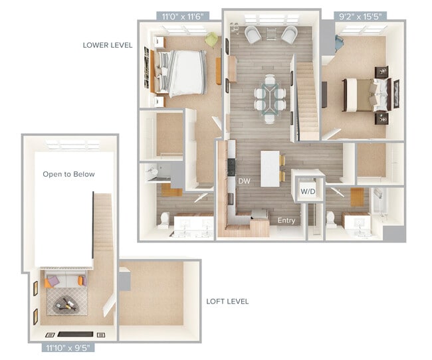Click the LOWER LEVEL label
pyautogui.click(x=108, y=45)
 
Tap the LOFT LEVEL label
pyautogui.click(x=227, y=301)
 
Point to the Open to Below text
pyautogui.click(x=68, y=174)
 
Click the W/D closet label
pyautogui.click(x=308, y=192)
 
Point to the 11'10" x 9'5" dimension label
pyautogui.click(x=68, y=347)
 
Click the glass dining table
pyautogui.click(x=269, y=98)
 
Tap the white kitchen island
pyautogui.click(x=270, y=168)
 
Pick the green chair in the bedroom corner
pyautogui.click(x=211, y=41)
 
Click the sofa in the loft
pyautogui.click(x=64, y=280)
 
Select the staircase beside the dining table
pyautogui.click(x=307, y=100)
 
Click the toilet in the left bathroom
pyautogui.click(x=163, y=219)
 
